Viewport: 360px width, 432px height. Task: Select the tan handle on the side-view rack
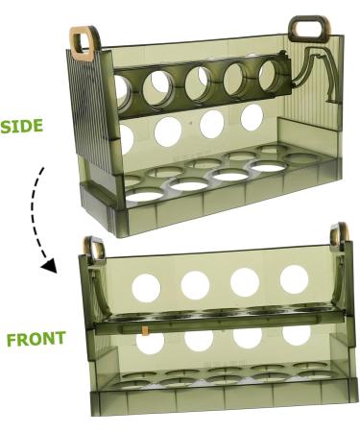(84, 40)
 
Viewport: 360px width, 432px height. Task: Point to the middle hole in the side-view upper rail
(202, 80)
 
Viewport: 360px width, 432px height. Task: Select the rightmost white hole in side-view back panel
(252, 117)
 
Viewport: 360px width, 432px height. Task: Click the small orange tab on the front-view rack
(144, 330)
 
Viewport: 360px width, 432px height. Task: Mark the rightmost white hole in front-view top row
(295, 278)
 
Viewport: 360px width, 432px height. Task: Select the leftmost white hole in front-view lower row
(152, 342)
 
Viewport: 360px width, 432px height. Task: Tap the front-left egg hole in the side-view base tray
(146, 194)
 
